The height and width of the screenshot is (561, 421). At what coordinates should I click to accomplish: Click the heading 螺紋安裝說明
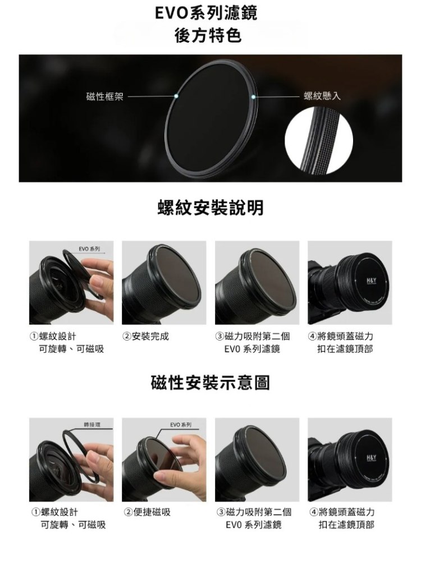coord(210,208)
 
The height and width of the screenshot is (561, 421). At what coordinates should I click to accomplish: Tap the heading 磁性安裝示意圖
coord(210,383)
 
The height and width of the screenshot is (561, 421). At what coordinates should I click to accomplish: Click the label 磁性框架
coord(105,96)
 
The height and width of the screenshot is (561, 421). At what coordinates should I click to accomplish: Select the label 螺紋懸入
coord(322,95)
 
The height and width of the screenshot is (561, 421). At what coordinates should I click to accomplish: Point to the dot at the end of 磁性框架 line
coord(176,96)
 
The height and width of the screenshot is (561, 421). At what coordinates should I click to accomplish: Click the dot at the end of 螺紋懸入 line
coord(253,96)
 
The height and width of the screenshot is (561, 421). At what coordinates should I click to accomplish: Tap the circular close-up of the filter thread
coord(319,141)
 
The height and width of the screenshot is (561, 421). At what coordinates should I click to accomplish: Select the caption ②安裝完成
coord(146,336)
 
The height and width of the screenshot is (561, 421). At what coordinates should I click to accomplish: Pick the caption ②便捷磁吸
coord(148,512)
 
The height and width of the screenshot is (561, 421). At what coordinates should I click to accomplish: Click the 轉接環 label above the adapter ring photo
coord(92,425)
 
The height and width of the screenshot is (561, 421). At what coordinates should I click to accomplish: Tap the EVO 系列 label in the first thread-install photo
coord(89,249)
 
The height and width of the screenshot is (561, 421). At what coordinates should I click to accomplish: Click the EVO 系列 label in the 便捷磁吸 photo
coord(181,425)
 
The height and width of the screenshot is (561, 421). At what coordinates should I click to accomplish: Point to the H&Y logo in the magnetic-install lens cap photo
coord(371,458)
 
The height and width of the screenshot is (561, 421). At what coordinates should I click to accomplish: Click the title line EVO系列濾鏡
coord(206,13)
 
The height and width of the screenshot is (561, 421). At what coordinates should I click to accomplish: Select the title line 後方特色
coord(208,35)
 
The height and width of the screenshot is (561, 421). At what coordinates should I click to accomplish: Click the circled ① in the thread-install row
coord(35,336)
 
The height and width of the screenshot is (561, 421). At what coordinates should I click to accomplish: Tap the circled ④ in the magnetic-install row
coord(313,512)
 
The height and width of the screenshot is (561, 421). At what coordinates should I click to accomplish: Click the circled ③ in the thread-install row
coord(219,336)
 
